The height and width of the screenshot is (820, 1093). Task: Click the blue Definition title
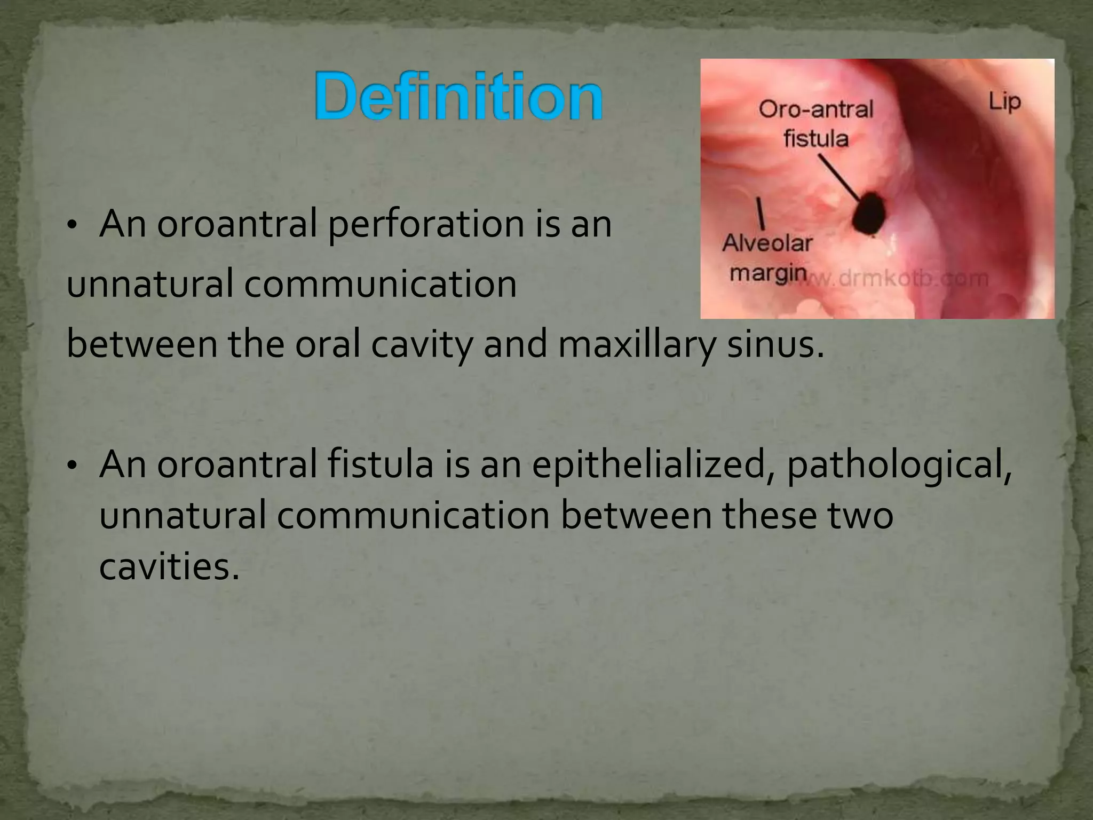[x=458, y=97]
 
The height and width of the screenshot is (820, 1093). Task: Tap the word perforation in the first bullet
[x=425, y=224]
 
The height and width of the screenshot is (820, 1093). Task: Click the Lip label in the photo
[x=1004, y=101]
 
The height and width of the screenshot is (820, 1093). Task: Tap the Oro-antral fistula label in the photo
[x=815, y=124]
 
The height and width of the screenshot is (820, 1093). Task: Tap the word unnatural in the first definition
[x=149, y=284]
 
